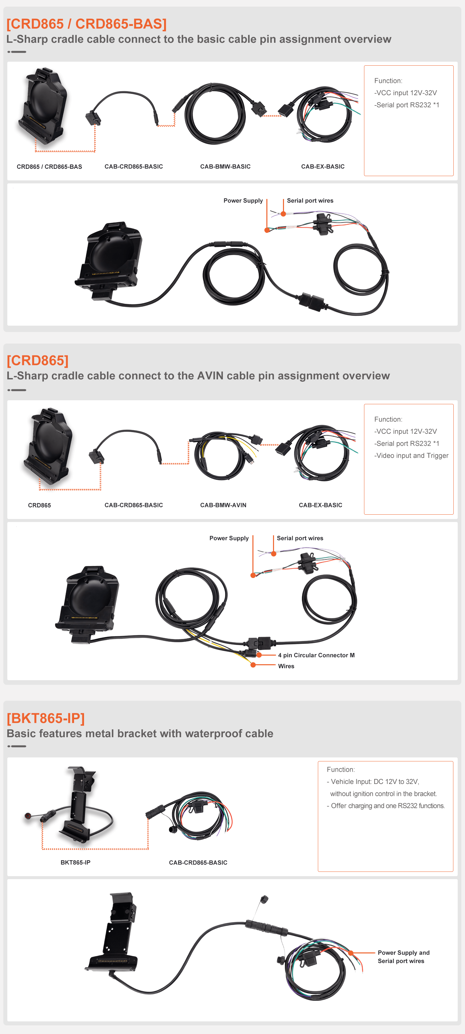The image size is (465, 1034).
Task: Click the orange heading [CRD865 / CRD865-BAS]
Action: pos(86,24)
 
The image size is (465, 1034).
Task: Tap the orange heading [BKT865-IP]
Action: pos(46,718)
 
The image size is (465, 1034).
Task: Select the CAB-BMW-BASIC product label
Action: pos(226,166)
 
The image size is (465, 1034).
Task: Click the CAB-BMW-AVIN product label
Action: pos(224,505)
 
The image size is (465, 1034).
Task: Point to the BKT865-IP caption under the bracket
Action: pos(75,862)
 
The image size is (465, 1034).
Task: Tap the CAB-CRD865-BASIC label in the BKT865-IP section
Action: pos(198,862)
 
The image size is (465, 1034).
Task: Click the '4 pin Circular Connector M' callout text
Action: pos(316,655)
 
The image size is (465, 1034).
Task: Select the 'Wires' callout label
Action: pos(286,666)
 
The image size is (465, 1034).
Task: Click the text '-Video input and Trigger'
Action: pos(411,456)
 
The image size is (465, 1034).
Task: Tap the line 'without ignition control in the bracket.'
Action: pos(383,794)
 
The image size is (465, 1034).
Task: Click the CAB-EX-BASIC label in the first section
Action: pos(323,166)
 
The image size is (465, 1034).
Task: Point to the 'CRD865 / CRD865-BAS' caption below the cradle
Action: pos(49,166)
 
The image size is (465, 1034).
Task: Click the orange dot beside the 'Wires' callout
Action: pos(253,665)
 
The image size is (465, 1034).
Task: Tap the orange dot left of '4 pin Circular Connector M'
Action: pos(259,655)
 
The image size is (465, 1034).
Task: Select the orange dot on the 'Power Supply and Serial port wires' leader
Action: pos(351,952)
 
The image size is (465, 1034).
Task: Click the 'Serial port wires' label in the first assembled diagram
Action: pos(310,201)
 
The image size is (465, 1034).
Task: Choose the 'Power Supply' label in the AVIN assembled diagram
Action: pos(229,538)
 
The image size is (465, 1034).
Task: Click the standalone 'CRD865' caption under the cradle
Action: pos(40,505)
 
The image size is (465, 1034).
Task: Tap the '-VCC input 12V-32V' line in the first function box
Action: pos(406,93)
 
